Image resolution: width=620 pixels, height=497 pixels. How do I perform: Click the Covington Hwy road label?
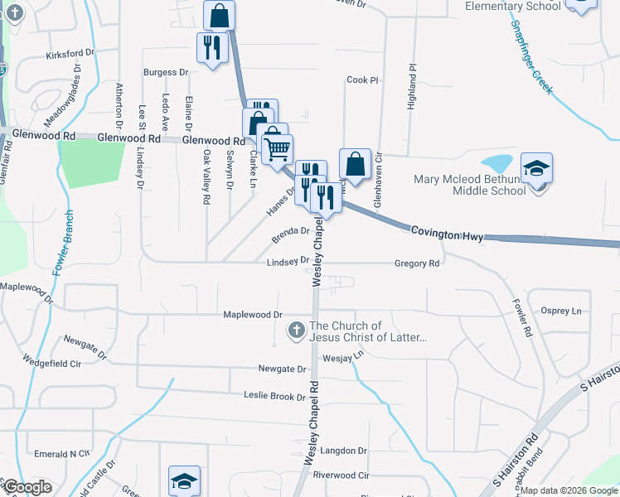click(447, 236)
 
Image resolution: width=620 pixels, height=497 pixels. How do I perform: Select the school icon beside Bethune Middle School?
click(536, 169)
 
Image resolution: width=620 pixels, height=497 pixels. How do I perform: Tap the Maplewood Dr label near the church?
click(253, 315)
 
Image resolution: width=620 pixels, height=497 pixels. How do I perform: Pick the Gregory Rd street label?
click(416, 263)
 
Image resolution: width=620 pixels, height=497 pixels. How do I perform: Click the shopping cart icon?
click(277, 148)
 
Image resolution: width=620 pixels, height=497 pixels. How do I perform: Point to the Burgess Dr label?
click(166, 73)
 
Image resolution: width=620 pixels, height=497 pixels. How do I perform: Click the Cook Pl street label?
click(362, 80)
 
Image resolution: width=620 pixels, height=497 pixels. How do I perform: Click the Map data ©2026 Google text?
click(569, 490)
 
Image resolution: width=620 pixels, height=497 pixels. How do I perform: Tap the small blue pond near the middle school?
click(496, 162)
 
